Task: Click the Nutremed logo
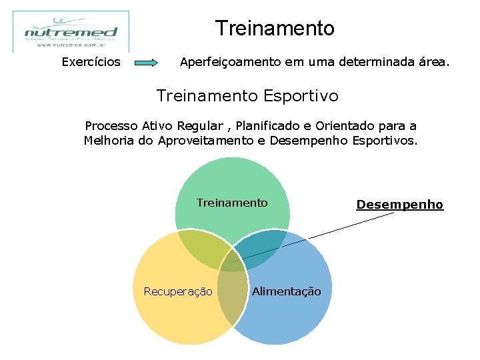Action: point(71,31)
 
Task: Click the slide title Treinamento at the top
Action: point(275,29)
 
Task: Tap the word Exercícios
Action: point(91,63)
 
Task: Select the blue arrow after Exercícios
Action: point(146,63)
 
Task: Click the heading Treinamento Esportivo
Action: point(247,96)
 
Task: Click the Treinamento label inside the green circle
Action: point(232,203)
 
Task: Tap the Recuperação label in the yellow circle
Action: point(178,291)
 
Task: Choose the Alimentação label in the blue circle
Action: point(286,291)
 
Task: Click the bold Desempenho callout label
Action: point(399,205)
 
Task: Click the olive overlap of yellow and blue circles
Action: point(232,293)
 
